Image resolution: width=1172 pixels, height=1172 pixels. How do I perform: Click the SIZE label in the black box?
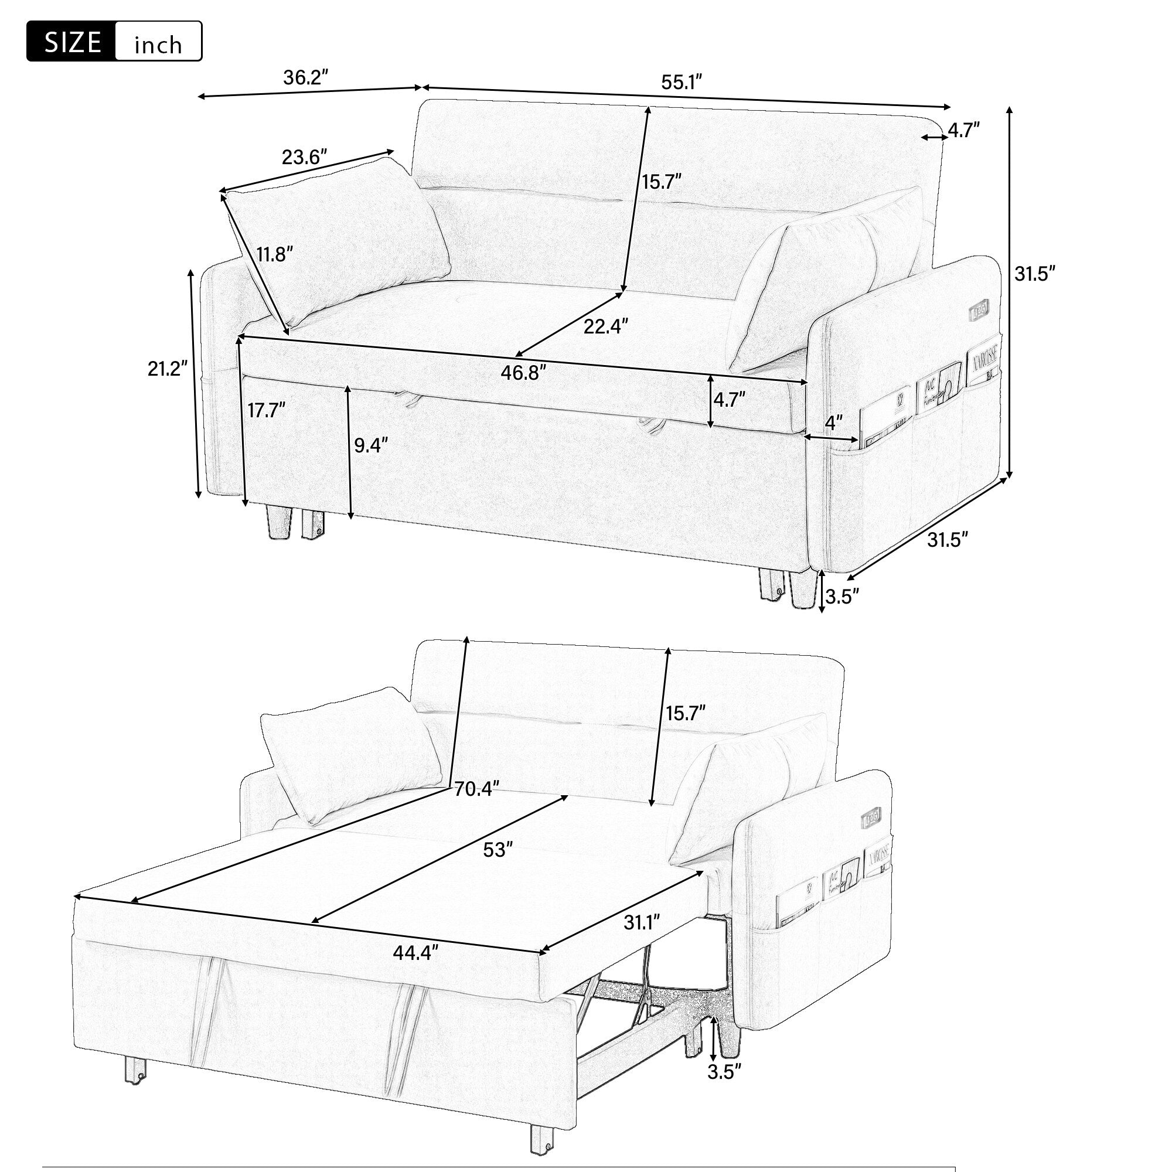coord(72,42)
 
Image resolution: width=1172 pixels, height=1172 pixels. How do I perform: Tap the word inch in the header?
coord(158,45)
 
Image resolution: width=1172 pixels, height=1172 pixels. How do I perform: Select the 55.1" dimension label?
coord(682,83)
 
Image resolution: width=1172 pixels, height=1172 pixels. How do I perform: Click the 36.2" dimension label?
coord(306,78)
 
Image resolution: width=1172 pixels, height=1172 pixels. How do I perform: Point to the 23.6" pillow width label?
coord(305,157)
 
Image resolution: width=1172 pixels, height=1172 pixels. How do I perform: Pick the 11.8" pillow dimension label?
coord(274,254)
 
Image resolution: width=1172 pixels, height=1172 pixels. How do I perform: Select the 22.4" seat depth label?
coord(605,326)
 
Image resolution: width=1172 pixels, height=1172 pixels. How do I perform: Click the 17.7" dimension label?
coord(266,411)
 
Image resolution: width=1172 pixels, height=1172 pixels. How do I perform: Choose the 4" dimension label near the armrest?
coord(834,421)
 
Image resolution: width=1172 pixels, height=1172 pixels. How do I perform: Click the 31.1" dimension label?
coord(642,923)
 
